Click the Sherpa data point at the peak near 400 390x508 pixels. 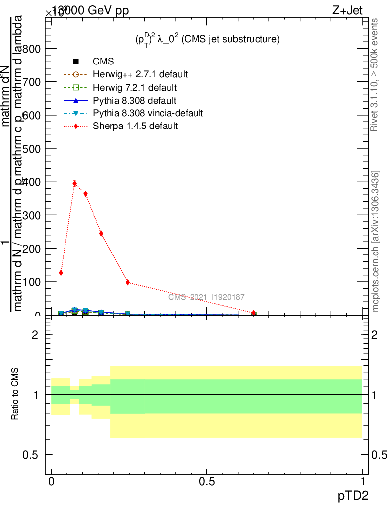click(x=75, y=183)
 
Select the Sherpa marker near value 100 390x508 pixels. click(x=128, y=282)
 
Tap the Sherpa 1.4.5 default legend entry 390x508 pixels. click(x=135, y=126)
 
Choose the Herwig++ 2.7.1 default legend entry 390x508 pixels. click(x=140, y=74)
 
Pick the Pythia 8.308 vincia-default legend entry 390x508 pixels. click(x=147, y=113)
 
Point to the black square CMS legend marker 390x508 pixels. click(x=76, y=62)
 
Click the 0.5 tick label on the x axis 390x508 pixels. click(x=206, y=482)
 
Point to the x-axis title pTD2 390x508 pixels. click(x=353, y=496)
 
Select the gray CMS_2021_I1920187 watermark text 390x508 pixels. click(x=206, y=297)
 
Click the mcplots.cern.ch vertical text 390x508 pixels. click(x=376, y=241)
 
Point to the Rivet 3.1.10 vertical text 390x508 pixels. click(x=375, y=75)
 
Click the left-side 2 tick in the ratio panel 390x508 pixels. click(x=34, y=335)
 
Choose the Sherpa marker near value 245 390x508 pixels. click(x=101, y=233)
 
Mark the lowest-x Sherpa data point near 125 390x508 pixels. click(x=61, y=273)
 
